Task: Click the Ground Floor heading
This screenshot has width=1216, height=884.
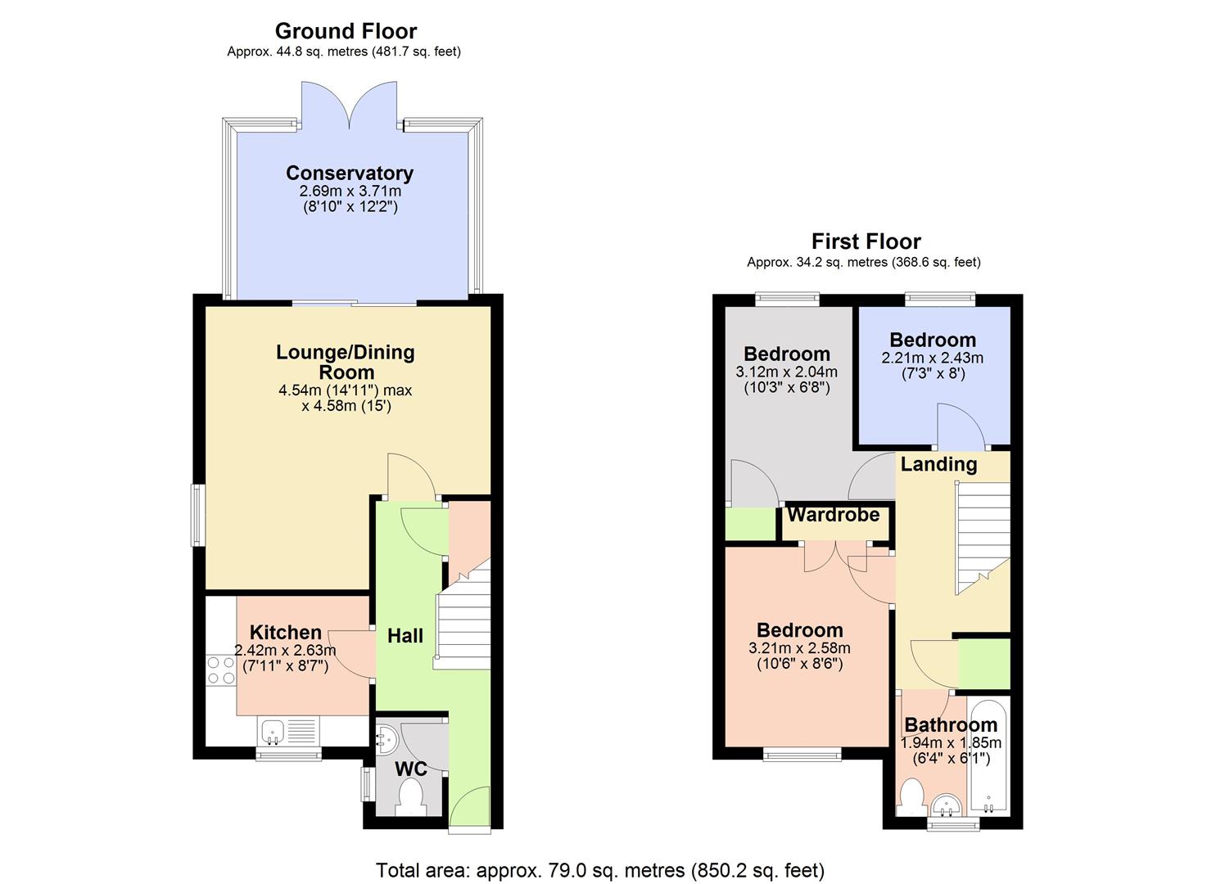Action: [x=346, y=31]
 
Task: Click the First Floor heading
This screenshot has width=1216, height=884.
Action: [x=866, y=241]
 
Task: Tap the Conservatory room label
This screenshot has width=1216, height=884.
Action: [x=350, y=173]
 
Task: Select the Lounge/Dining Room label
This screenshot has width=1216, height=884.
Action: [x=346, y=362]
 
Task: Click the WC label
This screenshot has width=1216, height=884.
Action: [x=411, y=769]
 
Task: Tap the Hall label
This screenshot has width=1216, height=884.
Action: [x=405, y=636]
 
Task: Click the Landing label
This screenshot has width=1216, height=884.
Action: [x=938, y=464]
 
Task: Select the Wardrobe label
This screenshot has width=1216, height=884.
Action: [x=834, y=515]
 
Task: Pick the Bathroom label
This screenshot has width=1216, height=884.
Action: [x=951, y=724]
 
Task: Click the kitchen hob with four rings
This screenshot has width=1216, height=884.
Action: [x=221, y=670]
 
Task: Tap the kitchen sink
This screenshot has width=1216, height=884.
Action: [x=272, y=730]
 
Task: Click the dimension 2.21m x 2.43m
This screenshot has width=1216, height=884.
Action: [x=932, y=358]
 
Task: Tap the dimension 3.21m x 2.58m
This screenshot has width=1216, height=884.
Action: [x=799, y=648]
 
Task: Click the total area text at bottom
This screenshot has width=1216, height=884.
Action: [x=599, y=869]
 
